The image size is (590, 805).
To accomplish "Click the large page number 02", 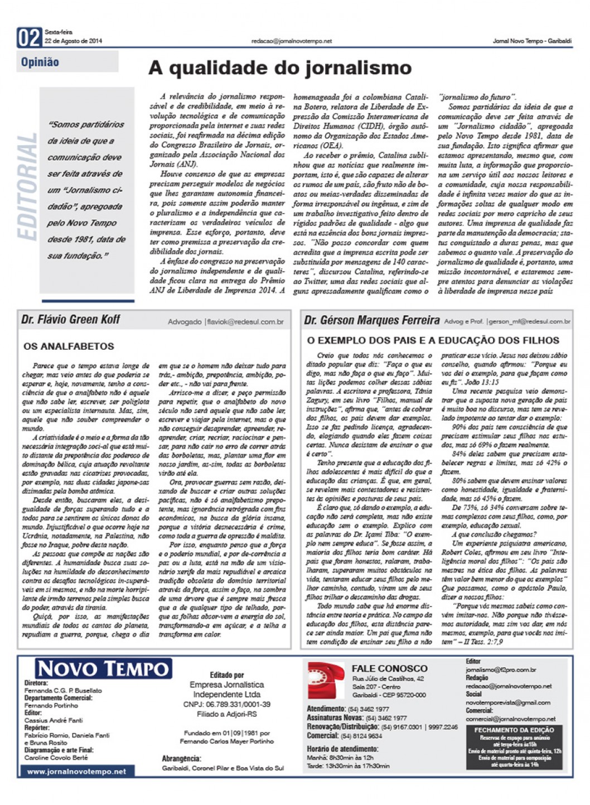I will [x=29, y=38].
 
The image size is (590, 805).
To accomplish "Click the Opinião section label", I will [x=40, y=62].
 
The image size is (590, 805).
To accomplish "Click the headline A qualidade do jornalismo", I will [x=279, y=68].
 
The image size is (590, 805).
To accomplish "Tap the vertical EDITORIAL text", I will [x=27, y=186].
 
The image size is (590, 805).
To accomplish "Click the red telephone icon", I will [x=326, y=680].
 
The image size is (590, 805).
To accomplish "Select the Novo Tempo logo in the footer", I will [x=103, y=668].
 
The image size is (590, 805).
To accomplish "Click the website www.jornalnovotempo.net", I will [x=76, y=772].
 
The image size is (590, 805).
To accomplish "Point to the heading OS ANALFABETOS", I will [x=69, y=346].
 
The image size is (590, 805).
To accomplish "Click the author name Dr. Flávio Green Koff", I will [x=71, y=320].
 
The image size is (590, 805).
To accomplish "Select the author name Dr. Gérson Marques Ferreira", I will [x=371, y=320].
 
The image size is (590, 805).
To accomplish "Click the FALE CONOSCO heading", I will [x=389, y=668].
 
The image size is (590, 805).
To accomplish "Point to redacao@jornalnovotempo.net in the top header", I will [x=291, y=41].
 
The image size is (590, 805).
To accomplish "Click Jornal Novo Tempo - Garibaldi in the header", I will [x=532, y=41].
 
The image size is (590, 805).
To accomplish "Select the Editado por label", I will [x=226, y=675].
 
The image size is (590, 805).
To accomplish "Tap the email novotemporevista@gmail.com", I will [x=507, y=702].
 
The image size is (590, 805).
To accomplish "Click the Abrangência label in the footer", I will [x=181, y=759].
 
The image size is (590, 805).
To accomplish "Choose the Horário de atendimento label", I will [x=342, y=749].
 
